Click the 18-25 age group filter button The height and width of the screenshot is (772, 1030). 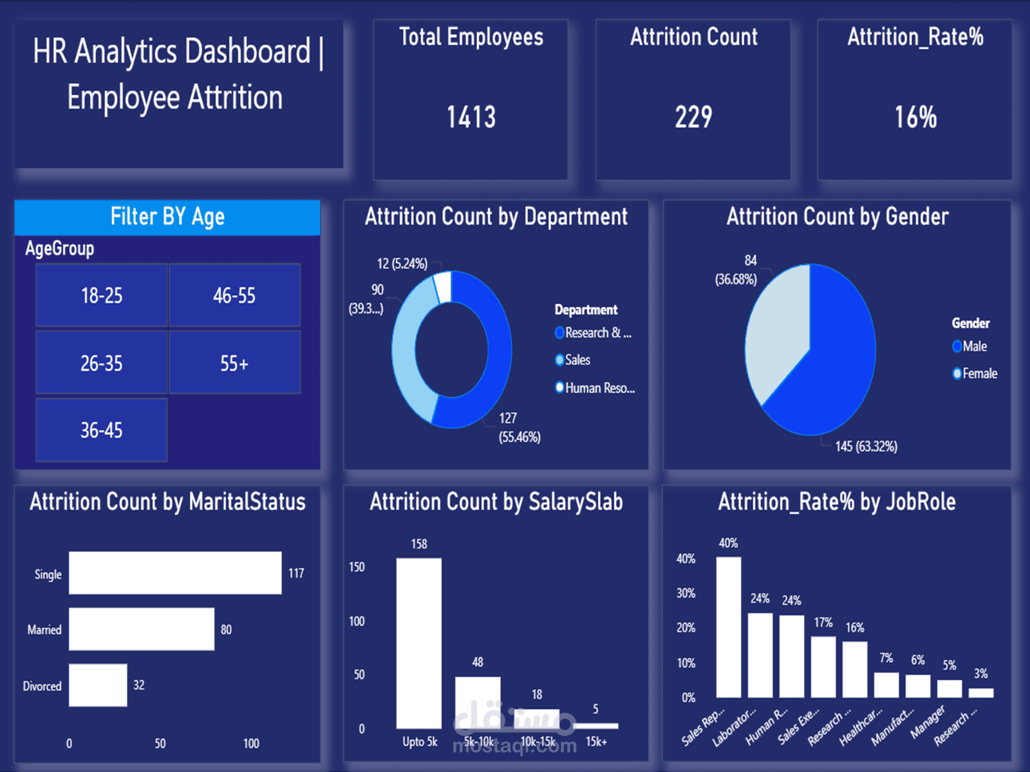[102, 295]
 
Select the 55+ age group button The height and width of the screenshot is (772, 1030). [234, 363]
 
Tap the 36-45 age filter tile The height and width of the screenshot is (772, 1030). [102, 430]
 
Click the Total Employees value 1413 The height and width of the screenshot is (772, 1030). [471, 117]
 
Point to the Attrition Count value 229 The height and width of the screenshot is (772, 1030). [693, 117]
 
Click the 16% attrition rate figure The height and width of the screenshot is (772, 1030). [915, 117]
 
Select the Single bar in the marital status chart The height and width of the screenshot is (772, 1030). [175, 573]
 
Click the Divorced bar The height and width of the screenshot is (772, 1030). [98, 685]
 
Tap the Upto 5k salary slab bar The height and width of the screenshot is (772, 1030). [419, 643]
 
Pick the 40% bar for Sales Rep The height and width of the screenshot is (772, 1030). [728, 627]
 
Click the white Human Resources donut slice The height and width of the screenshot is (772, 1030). [442, 286]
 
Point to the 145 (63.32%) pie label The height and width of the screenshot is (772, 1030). [866, 446]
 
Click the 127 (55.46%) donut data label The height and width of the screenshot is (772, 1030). [519, 428]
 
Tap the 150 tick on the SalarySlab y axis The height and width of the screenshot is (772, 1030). [357, 567]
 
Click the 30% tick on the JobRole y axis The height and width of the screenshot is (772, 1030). [686, 593]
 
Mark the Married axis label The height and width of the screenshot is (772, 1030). [44, 630]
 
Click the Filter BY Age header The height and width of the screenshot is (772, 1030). [167, 217]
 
